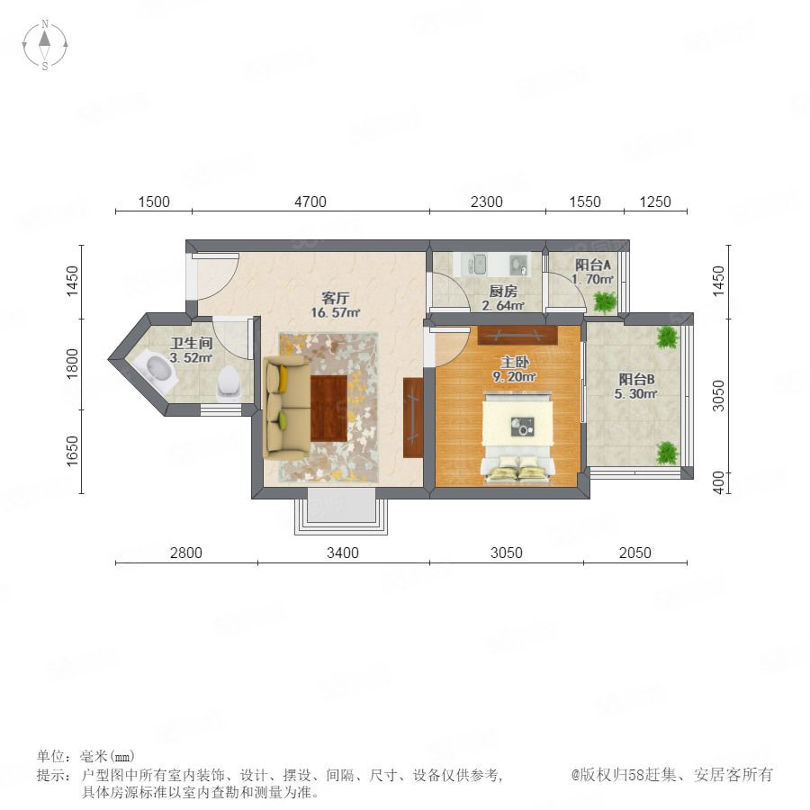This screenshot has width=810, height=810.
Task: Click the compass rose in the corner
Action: (x=45, y=45)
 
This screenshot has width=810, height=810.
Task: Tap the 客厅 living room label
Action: (x=336, y=298)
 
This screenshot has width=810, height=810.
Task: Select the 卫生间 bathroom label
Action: (x=191, y=343)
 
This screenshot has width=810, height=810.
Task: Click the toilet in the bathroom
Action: (x=229, y=383)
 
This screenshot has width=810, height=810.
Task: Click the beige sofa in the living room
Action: (x=285, y=407)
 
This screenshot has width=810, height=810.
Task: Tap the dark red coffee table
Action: (x=328, y=408)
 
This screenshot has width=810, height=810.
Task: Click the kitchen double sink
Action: (x=477, y=264)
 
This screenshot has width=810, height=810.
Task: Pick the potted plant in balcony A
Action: (x=605, y=302)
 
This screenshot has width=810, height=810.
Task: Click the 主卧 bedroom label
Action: (x=515, y=362)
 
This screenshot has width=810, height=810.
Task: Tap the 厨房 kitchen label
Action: (x=503, y=292)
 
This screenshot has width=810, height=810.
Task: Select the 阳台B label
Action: (x=636, y=380)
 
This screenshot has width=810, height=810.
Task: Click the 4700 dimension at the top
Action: (x=310, y=202)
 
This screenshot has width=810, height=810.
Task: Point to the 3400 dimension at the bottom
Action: (x=343, y=553)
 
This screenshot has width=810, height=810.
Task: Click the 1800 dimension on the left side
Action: (x=72, y=364)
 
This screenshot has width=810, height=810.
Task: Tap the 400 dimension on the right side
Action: (x=718, y=482)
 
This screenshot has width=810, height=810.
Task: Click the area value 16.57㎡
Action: (x=336, y=312)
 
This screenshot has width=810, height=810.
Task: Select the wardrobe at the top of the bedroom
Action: (x=517, y=336)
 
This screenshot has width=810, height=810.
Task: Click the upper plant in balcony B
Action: (x=667, y=337)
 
